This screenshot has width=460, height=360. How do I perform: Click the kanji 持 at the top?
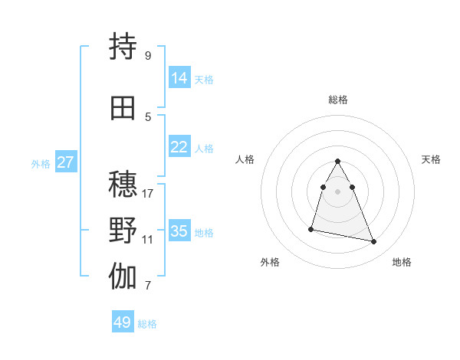[x=123, y=47]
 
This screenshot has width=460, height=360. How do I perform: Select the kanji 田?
[x=123, y=109]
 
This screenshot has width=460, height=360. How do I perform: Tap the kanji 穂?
[x=123, y=185]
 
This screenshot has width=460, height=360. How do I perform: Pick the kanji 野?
[x=123, y=231]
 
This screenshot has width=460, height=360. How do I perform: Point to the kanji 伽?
[x=123, y=277]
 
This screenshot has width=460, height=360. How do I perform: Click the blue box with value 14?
[x=179, y=78]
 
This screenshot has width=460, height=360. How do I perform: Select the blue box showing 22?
[x=179, y=147]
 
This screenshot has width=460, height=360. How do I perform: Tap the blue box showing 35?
[x=179, y=231]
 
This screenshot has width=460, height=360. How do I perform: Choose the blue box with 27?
[x=66, y=162]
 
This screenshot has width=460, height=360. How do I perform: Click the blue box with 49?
[x=123, y=322]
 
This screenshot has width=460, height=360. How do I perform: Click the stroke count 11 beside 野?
[x=148, y=239]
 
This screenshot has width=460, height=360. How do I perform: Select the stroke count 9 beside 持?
[x=148, y=55]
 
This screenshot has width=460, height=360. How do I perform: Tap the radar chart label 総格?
[x=338, y=100]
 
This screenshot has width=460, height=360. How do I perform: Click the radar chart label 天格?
[x=432, y=159]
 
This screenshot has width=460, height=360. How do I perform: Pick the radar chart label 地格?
[x=402, y=262]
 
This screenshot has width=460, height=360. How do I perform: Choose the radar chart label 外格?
[x=270, y=262]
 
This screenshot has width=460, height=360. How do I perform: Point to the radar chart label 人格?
[x=245, y=159]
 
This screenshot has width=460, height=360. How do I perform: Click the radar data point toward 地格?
[x=374, y=242]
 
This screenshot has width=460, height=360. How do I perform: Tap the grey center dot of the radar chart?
[x=338, y=191]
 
